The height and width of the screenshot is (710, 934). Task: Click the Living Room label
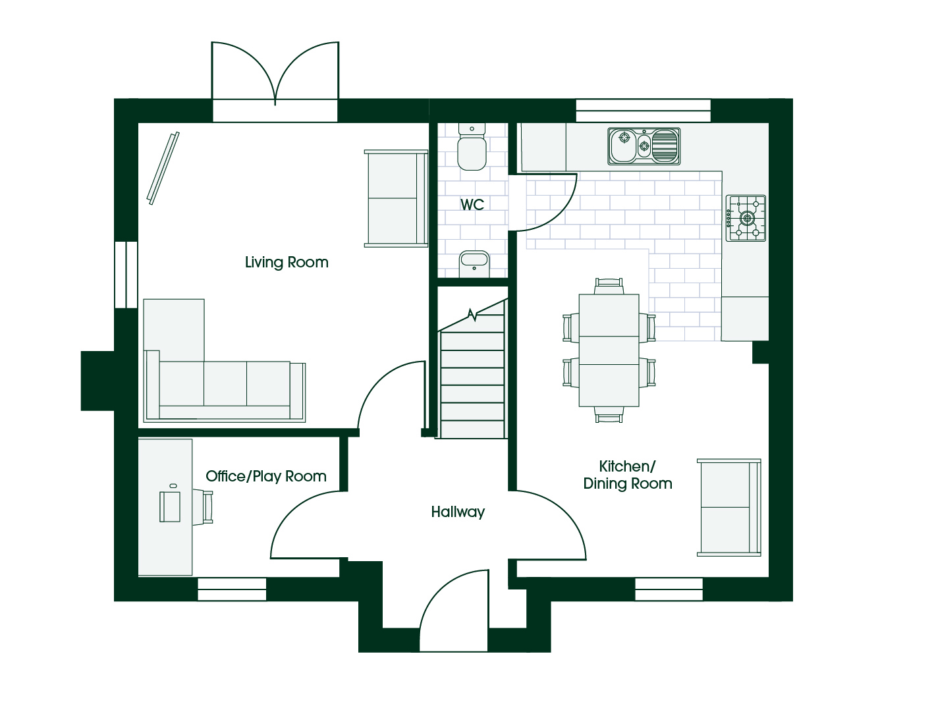[287, 262]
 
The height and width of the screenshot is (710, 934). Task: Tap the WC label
[472, 205]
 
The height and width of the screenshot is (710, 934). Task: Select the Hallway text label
[458, 512]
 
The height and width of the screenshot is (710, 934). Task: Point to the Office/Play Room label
[266, 476]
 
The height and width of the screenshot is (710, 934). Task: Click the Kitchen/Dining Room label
[628, 475]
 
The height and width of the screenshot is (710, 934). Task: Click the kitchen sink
[644, 146]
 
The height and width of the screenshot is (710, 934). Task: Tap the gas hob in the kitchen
[746, 218]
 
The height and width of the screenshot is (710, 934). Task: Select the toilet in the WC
[472, 146]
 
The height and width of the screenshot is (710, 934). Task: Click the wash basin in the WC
[474, 263]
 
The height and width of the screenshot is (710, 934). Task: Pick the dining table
[609, 350]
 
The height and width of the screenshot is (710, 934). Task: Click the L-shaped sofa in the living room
[224, 369]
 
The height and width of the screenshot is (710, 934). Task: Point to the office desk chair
[203, 506]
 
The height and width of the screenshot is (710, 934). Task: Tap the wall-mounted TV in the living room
[163, 168]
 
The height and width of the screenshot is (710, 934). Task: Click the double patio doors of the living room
[275, 72]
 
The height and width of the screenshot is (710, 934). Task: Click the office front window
[232, 589]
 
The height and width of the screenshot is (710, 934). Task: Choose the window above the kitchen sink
[643, 111]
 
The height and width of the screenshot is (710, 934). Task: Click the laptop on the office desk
[170, 506]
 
